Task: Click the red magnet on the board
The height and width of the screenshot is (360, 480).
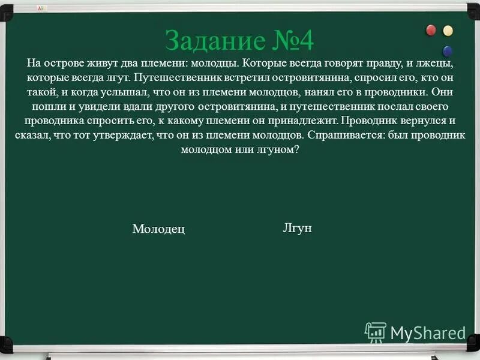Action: (x=431, y=31)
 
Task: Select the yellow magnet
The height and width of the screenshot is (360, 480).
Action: (x=448, y=31)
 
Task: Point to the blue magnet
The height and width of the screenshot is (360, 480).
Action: (x=447, y=51)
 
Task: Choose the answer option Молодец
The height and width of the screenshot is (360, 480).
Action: (x=158, y=229)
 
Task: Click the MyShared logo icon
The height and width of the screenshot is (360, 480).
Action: (x=376, y=332)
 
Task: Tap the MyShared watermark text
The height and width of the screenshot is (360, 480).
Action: (x=428, y=333)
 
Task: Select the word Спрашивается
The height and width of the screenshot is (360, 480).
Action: (x=341, y=136)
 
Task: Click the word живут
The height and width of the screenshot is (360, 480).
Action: (x=101, y=64)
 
